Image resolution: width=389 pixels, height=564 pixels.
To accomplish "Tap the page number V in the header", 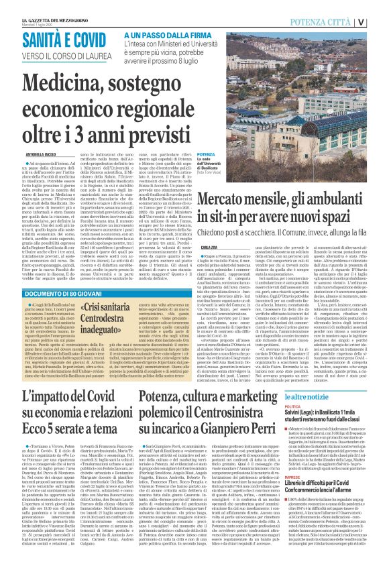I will [x=380, y=21].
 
